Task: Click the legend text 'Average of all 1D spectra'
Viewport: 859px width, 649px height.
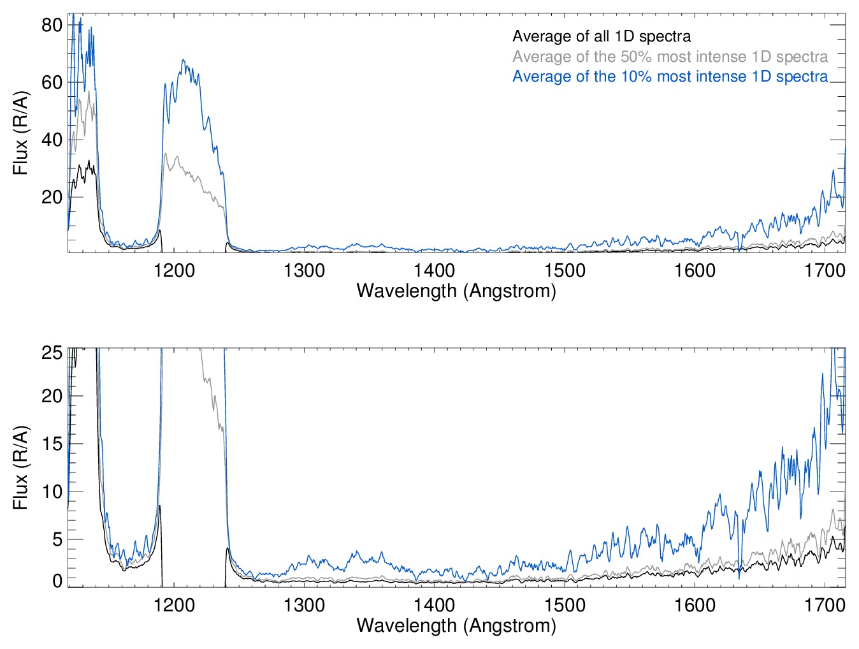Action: pos(601,37)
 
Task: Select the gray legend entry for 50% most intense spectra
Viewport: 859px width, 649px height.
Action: pos(670,57)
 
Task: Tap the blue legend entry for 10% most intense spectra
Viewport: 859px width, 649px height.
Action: pos(670,77)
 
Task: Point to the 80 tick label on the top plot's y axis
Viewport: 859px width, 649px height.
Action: pos(52,26)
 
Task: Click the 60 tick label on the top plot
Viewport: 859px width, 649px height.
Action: pos(52,83)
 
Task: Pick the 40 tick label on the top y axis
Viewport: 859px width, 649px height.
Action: pos(52,140)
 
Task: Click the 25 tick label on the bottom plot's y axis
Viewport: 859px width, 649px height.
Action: pos(52,353)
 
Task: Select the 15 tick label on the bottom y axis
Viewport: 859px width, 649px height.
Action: pos(52,444)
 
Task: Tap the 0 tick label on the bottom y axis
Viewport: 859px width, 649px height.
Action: pos(57,581)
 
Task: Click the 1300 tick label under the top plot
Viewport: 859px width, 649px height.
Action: pos(304,270)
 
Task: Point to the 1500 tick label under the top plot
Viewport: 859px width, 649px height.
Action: pos(565,270)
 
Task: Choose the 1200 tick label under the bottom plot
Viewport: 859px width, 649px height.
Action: pos(174,604)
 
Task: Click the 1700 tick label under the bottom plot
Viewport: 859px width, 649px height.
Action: pos(825,604)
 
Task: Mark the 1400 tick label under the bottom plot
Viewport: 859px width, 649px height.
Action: pos(434,604)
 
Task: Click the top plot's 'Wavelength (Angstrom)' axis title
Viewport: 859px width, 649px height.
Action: pos(456,291)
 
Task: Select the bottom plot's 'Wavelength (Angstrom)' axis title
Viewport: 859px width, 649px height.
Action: pos(456,625)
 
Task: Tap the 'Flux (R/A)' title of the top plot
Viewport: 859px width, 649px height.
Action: pos(20,133)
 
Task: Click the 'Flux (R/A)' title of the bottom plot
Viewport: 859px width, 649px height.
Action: pos(20,467)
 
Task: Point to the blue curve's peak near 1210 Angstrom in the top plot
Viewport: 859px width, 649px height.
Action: pos(184,60)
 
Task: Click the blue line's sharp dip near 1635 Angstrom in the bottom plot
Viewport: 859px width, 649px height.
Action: pos(739,577)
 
